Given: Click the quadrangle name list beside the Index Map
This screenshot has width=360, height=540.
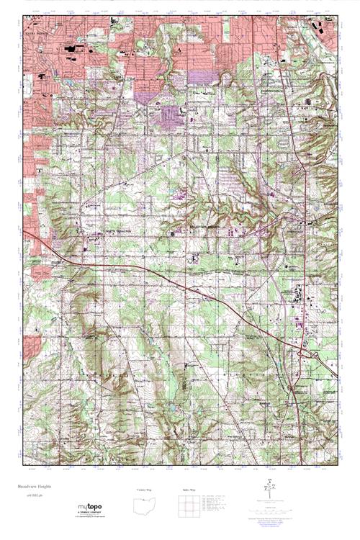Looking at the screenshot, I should (220, 506).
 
